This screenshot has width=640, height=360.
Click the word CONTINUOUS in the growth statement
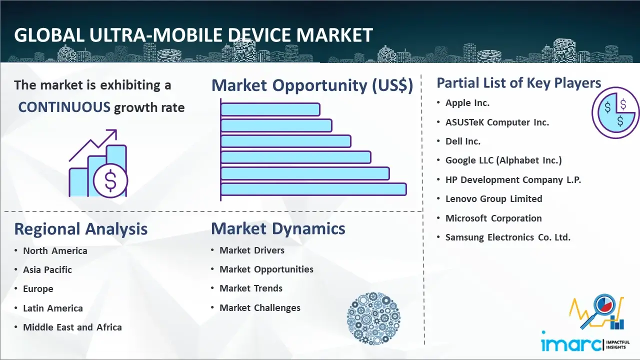click(64, 107)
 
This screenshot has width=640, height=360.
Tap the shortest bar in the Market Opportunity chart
click(270, 109)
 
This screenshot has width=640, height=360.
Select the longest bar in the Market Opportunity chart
click(313, 189)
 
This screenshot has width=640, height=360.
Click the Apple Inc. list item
click(467, 103)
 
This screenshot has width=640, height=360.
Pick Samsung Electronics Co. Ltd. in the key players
click(508, 237)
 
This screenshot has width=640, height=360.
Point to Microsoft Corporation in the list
click(493, 218)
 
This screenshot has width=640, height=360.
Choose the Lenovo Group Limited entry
click(494, 198)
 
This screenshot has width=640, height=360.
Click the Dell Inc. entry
click(463, 141)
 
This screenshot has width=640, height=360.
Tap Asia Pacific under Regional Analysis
click(47, 269)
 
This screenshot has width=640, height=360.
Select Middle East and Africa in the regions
click(72, 327)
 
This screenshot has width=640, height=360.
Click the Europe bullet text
click(38, 289)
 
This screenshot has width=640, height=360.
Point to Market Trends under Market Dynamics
click(251, 288)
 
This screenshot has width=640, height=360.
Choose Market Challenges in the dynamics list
click(260, 307)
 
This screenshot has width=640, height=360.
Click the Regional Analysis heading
click(81, 229)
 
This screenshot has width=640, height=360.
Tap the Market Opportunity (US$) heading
click(312, 85)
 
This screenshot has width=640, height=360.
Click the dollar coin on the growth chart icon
click(110, 180)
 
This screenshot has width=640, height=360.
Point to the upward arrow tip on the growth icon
click(116, 130)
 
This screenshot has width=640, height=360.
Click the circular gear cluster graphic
click(373, 318)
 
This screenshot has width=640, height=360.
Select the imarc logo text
click(571, 344)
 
